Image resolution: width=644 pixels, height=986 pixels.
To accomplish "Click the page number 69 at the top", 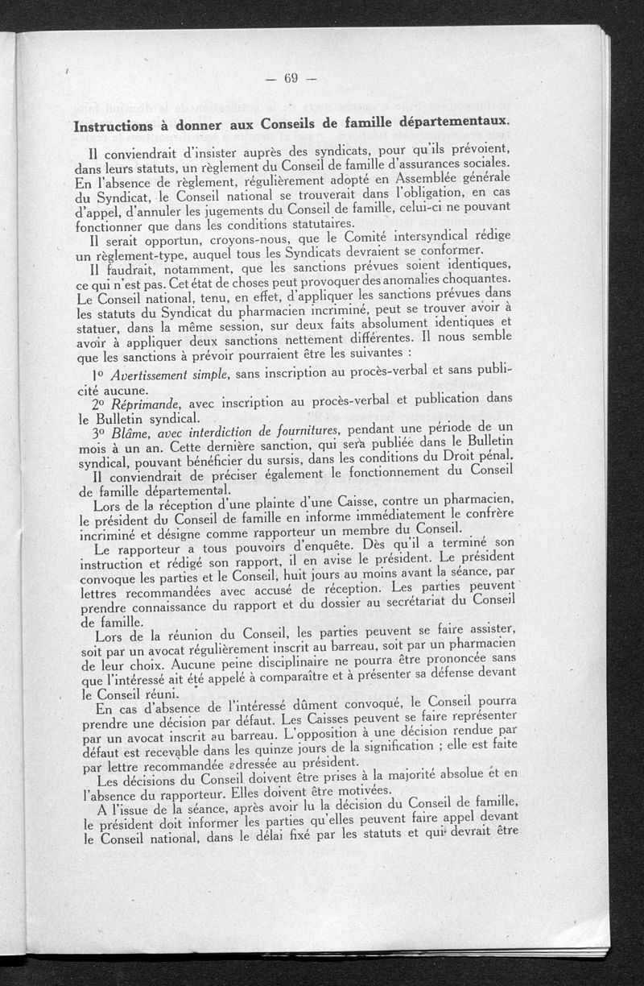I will [x=291, y=78].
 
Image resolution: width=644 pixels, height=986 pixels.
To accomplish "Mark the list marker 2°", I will [x=99, y=404].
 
